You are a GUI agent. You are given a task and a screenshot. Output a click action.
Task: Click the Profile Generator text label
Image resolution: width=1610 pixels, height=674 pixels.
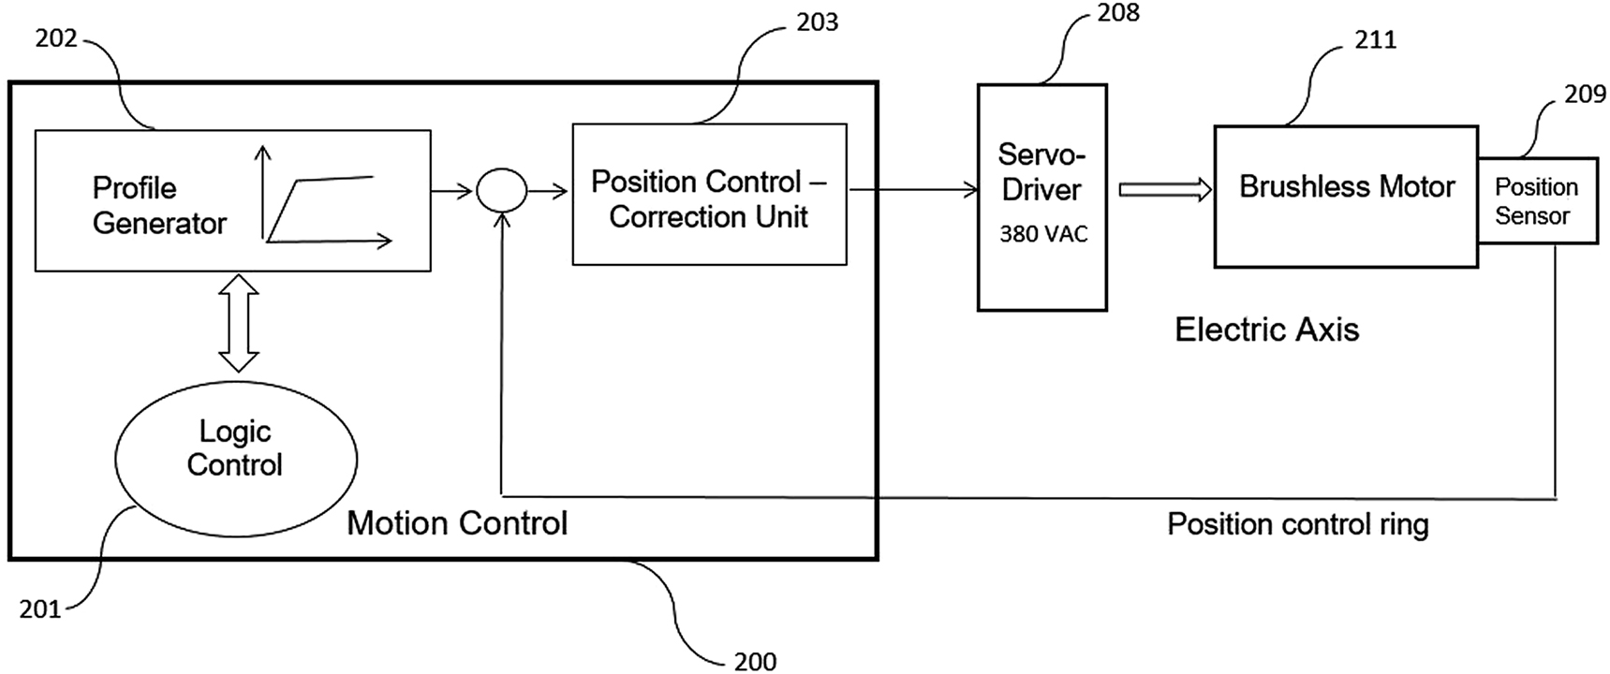coord(159,205)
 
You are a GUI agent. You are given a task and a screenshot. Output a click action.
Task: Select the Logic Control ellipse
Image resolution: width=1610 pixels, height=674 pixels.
coord(236,458)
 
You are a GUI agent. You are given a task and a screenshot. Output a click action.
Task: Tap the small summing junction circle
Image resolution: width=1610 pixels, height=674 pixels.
coord(502,191)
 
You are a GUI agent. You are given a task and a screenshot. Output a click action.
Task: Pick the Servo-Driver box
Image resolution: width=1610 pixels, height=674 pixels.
coord(1041,197)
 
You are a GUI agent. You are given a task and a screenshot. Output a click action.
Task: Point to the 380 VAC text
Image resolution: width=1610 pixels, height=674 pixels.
coord(1043,234)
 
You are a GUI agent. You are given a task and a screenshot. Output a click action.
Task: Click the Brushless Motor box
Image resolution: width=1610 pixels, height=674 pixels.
coord(1346,197)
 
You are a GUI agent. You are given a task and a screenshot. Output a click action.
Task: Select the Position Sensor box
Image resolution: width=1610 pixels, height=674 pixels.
coord(1537,201)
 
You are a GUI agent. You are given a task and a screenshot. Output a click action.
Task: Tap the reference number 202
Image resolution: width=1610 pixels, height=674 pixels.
coord(56,38)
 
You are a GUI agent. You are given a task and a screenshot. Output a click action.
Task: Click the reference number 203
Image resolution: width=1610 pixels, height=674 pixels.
coord(817,22)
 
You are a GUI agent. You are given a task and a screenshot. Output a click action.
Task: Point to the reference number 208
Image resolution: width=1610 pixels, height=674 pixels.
coord(1118,13)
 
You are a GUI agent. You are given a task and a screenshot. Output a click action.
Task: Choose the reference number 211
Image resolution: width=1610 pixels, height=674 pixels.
coord(1375,39)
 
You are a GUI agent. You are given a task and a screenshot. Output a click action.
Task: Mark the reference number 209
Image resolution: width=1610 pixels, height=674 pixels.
coord(1585,94)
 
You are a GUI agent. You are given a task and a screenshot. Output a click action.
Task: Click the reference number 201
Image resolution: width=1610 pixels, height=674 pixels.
coord(40,609)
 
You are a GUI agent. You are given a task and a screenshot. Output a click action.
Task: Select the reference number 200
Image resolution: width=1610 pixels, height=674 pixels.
coord(755,661)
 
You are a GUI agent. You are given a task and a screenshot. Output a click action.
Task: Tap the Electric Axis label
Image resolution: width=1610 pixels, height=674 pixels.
coord(1266,330)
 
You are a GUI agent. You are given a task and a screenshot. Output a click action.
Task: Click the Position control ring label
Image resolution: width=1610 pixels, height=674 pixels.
coord(1297,524)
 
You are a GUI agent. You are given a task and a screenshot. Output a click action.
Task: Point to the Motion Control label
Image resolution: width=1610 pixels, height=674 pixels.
coord(457,523)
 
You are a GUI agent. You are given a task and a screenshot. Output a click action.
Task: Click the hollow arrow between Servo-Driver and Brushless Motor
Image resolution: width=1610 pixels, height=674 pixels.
coord(1165,190)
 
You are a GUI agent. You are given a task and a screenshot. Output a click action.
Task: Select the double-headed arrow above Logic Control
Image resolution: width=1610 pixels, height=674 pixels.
coord(239,324)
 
